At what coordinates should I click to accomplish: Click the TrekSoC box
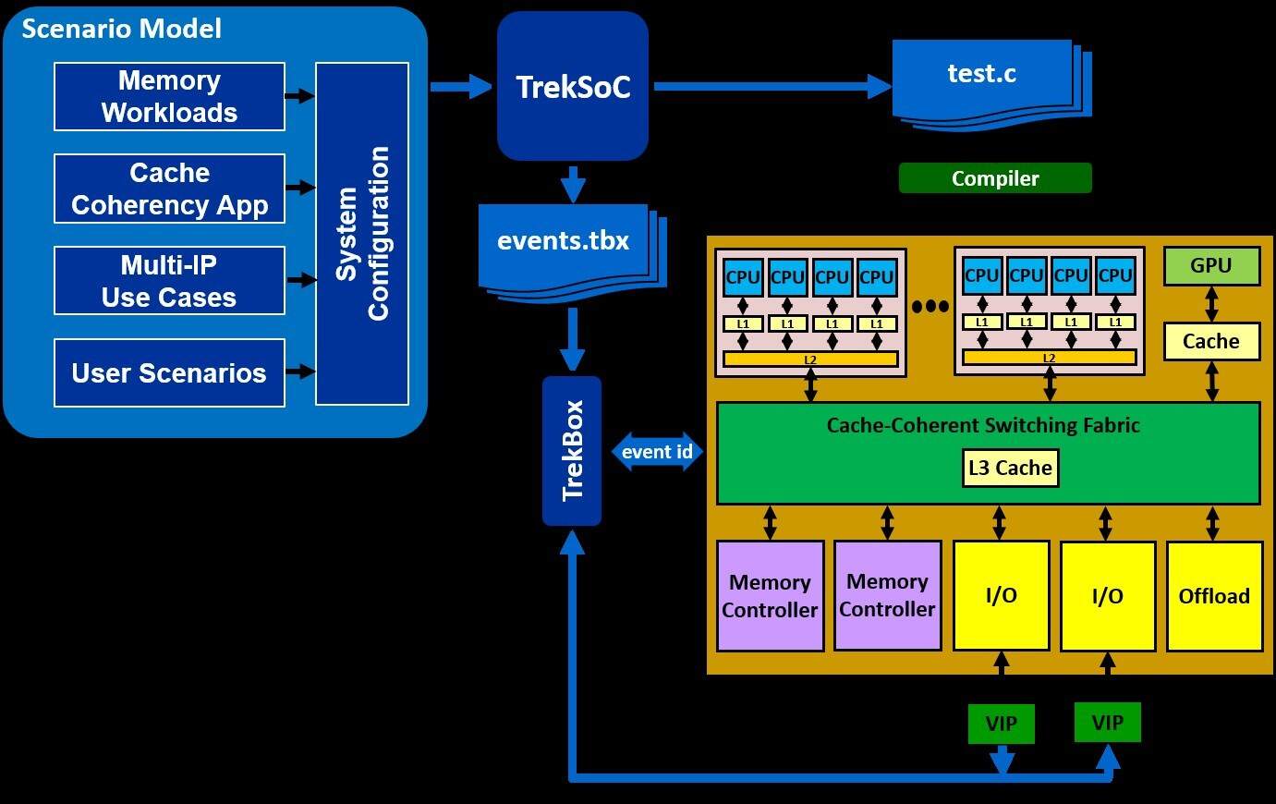572,87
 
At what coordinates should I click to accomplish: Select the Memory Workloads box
169,97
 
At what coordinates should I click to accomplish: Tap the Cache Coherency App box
169,189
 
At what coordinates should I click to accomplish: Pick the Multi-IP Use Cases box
169,281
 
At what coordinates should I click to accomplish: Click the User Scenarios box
169,373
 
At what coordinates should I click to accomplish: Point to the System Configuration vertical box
362,234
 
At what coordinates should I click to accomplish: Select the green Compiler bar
995,178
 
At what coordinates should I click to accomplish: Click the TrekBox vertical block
572,451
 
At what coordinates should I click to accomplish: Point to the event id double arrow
658,452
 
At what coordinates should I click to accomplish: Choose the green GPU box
1210,266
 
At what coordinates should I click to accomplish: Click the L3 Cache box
1010,468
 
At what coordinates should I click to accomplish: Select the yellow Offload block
1214,596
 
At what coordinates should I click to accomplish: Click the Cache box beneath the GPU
1210,342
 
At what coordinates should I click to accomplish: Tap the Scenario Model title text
122,29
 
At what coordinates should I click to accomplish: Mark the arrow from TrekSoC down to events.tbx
573,184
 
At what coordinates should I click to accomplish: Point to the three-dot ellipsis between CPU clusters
930,307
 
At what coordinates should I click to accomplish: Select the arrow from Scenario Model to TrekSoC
461,87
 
